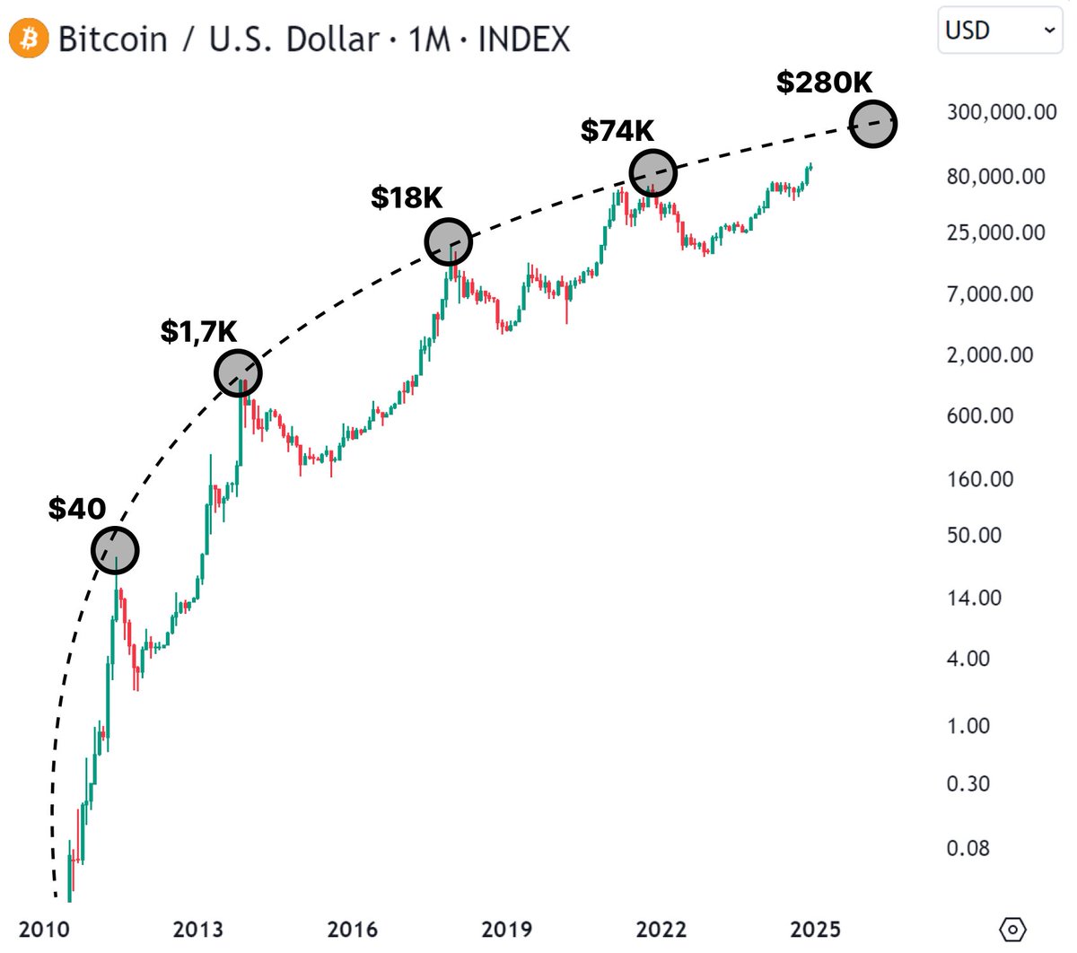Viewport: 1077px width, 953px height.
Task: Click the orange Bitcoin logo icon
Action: (29, 39)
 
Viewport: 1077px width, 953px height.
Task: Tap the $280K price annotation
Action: (824, 83)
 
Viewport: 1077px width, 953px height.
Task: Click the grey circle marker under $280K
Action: (872, 124)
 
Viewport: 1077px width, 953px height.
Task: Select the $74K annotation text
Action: (617, 131)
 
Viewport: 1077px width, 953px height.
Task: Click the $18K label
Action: (407, 198)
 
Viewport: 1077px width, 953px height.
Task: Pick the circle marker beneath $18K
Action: (448, 241)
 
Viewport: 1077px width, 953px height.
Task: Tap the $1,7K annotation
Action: (198, 331)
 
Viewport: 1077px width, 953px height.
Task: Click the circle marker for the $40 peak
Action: (115, 550)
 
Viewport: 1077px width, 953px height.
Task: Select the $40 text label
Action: (77, 509)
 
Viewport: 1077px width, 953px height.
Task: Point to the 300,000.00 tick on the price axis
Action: (1002, 112)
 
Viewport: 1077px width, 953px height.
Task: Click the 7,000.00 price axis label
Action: (990, 294)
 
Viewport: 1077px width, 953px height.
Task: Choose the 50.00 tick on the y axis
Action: (974, 535)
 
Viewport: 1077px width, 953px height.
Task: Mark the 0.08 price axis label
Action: (968, 848)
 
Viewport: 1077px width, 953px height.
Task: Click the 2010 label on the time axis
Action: (44, 930)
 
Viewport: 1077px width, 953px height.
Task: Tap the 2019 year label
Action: (506, 930)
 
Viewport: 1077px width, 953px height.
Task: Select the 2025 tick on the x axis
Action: (815, 930)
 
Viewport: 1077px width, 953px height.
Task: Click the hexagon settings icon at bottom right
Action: (1011, 930)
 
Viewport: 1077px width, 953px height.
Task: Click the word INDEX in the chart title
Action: (523, 39)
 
